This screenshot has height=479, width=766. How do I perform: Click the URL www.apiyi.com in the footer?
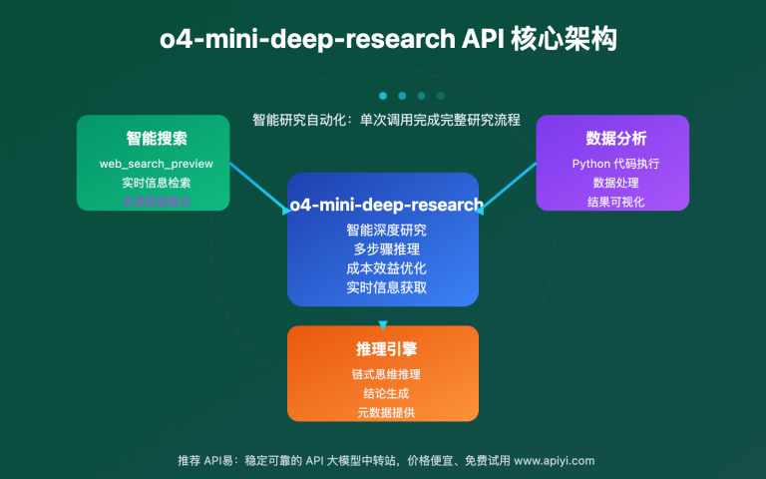[555, 460]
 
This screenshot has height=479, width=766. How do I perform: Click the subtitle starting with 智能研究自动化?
[386, 119]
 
